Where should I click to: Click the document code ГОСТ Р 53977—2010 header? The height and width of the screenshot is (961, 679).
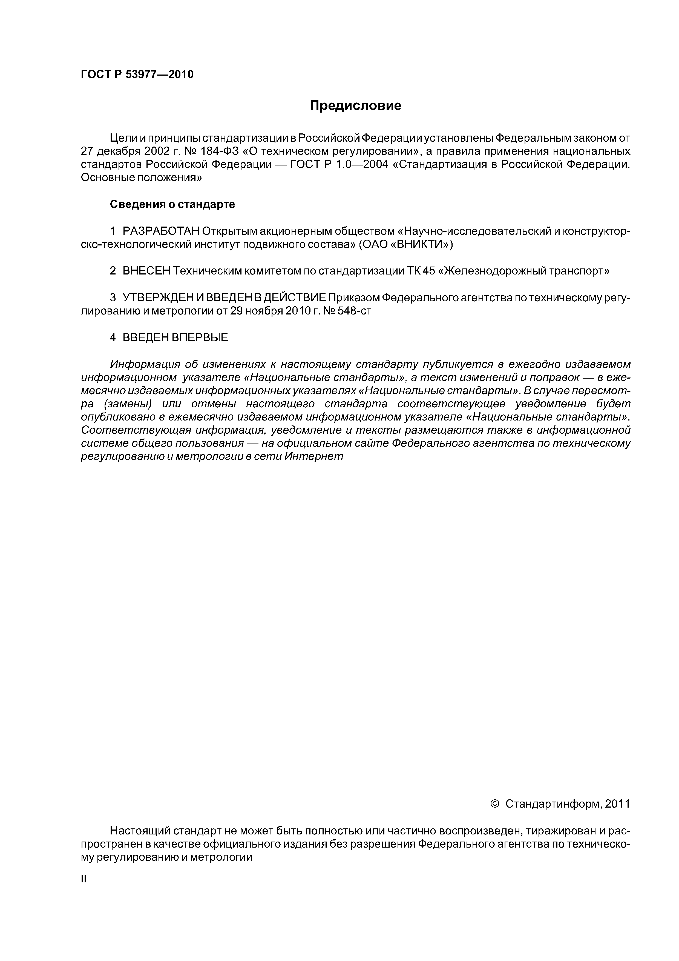pos(137,75)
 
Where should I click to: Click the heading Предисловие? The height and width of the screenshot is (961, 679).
pos(355,105)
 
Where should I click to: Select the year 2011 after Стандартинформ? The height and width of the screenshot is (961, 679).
pos(617,804)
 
